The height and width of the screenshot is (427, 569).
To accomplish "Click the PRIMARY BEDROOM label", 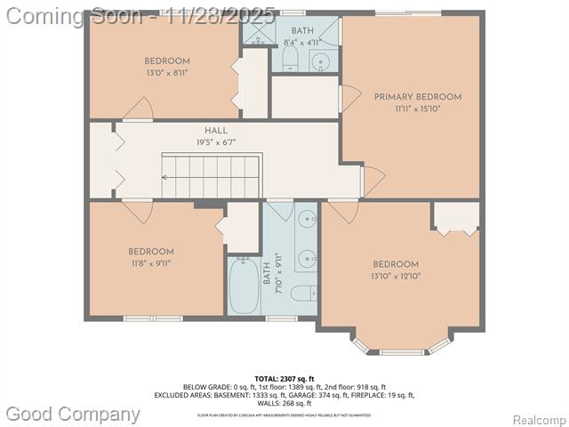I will (x=417, y=97).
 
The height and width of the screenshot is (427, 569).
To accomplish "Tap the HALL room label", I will (x=216, y=131).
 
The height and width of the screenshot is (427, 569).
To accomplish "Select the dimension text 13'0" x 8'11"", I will (x=167, y=73).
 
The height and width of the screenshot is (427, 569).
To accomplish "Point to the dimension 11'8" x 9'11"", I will (x=150, y=263).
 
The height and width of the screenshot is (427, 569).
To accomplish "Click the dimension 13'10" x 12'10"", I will (x=396, y=276).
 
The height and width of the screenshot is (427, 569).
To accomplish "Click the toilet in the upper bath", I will (x=290, y=59).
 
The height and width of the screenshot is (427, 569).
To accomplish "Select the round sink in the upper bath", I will (x=320, y=61).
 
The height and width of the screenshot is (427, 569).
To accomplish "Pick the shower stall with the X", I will (x=260, y=33).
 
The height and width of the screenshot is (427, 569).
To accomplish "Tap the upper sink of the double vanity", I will (x=306, y=216).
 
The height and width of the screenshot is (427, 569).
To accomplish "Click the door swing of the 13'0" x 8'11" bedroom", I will (x=139, y=109).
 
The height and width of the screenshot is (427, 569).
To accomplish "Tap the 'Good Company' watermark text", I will (x=73, y=414).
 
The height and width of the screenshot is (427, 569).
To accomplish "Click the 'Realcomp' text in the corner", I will (x=541, y=419).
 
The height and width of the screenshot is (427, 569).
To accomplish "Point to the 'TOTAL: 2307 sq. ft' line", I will (x=284, y=379).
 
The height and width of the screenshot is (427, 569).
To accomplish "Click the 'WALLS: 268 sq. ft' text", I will (x=284, y=403).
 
